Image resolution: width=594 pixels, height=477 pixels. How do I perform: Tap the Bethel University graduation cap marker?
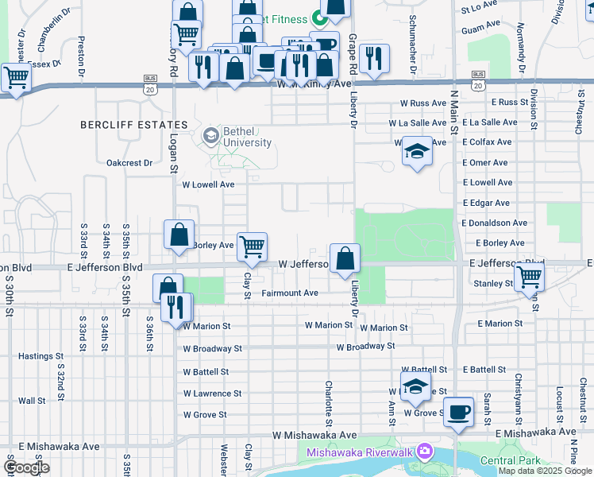[210, 135]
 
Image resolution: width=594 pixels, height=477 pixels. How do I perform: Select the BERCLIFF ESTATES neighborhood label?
[134, 125]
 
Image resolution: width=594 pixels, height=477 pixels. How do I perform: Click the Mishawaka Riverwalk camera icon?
[426, 452]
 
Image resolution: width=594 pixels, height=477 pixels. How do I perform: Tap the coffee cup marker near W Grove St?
[458, 413]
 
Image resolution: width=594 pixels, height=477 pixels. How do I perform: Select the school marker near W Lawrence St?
[415, 387]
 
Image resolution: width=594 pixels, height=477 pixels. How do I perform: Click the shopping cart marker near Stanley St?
[529, 277]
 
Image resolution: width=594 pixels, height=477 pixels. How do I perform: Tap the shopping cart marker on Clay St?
[252, 247]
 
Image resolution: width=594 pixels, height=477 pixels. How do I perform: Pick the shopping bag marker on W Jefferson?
[345, 258]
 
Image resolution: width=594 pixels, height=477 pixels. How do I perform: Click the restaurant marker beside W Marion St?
[175, 306]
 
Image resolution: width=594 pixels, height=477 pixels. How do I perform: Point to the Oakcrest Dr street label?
[129, 163]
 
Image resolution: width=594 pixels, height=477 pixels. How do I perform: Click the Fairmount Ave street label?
[289, 293]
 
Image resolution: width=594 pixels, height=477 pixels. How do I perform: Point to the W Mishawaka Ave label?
[314, 436]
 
